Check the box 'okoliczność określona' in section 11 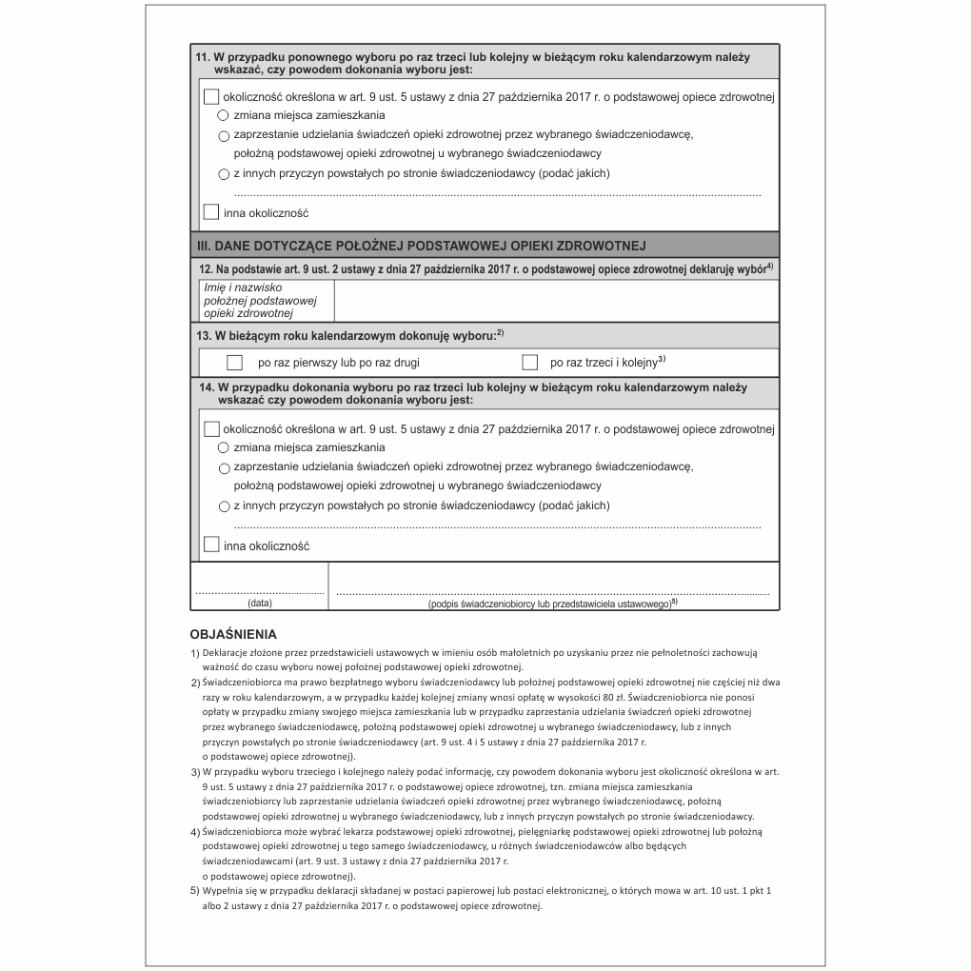point(211,96)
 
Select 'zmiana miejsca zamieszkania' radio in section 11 point(224,115)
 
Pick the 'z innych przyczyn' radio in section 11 point(224,173)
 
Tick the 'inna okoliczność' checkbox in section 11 point(211,212)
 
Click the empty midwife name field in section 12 point(556,301)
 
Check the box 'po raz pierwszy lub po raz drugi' point(235,363)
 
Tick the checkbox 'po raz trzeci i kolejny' point(530,363)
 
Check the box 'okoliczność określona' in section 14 point(211,429)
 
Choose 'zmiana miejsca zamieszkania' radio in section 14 point(224,447)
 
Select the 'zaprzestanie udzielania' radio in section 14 point(224,468)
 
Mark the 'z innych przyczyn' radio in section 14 point(224,506)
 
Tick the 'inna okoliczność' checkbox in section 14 point(211,545)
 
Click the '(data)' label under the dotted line point(260,604)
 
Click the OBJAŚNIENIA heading point(233,633)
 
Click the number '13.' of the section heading point(204,336)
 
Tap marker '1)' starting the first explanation point(195,652)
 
